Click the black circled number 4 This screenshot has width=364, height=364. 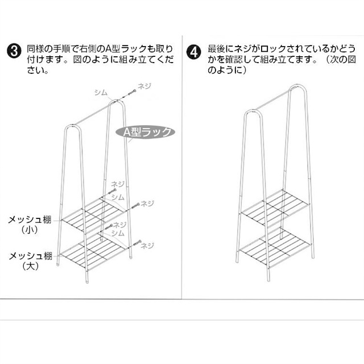195,50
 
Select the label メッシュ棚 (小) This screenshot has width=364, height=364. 28,223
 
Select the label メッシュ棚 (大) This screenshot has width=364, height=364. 28,260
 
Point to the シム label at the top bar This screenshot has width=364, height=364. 101,92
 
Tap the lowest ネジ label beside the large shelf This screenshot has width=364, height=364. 147,246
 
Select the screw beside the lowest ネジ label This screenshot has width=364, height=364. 135,246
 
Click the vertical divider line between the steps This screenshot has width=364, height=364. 182,171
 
